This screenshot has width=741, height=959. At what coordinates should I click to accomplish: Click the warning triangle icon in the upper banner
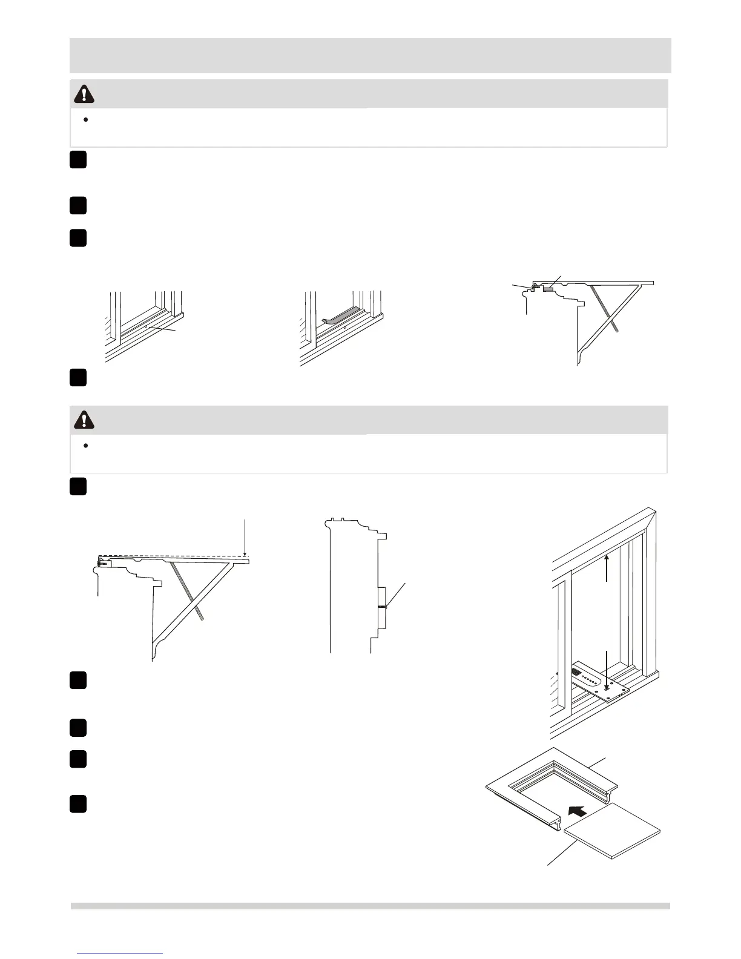pos(84,93)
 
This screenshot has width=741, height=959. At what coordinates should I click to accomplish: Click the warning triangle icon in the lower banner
pos(84,419)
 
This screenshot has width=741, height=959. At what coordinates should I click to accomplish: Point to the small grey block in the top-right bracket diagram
pos(548,289)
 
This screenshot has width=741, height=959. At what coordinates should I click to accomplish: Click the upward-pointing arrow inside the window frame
pos(607,567)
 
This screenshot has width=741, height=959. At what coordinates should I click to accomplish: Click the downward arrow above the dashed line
pos(245,536)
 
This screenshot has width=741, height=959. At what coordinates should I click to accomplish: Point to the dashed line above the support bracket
pos(176,555)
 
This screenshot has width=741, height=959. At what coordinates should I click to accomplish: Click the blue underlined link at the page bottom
pos(120,953)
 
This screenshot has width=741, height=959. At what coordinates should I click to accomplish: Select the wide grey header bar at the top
pos(370,55)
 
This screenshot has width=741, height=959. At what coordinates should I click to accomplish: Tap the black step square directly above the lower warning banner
pos(77,377)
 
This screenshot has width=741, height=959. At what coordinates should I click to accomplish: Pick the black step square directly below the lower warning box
pos(77,487)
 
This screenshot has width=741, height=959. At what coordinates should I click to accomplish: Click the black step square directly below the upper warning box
pos(77,160)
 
